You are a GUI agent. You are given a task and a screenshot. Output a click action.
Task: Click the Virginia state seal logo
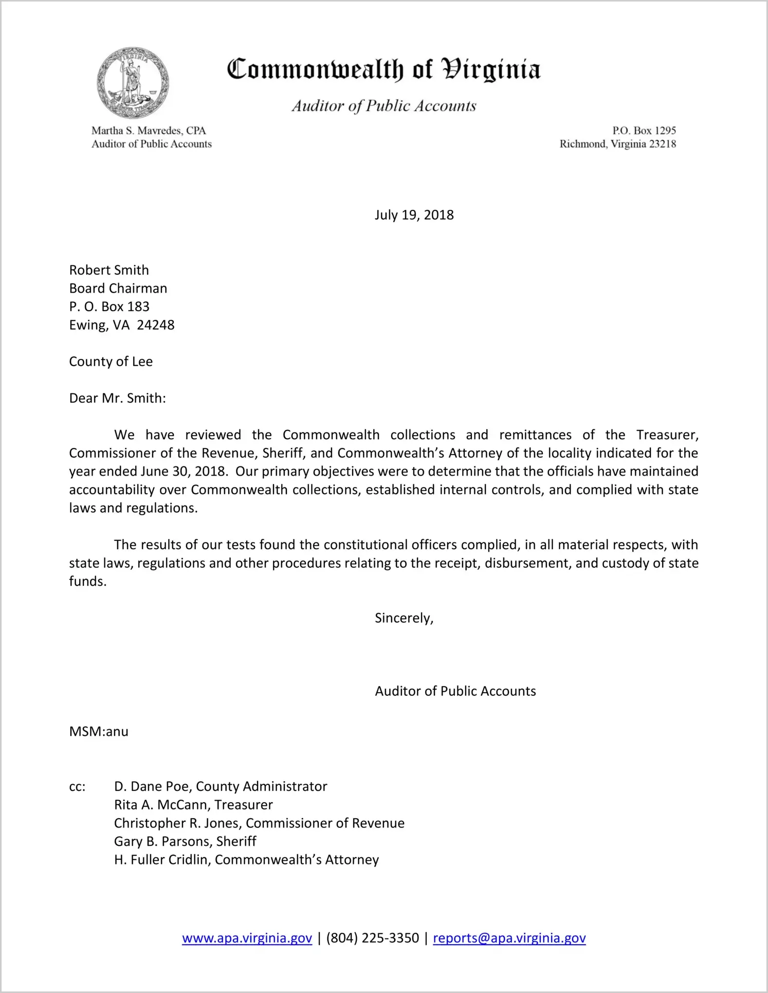click(133, 83)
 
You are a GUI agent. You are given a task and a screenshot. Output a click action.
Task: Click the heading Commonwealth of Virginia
click(383, 70)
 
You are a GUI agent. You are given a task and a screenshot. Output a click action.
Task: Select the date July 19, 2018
click(414, 215)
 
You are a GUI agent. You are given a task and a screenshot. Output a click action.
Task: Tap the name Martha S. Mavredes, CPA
click(149, 131)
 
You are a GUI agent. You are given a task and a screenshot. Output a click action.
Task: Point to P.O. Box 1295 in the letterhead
click(644, 131)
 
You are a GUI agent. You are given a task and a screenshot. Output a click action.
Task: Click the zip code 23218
click(663, 144)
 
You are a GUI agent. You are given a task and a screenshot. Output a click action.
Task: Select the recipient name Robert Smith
click(109, 270)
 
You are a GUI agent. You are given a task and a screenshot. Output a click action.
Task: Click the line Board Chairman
click(118, 288)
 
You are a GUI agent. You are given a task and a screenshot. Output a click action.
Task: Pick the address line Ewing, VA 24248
click(122, 325)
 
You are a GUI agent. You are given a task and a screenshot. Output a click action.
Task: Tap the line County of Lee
click(111, 362)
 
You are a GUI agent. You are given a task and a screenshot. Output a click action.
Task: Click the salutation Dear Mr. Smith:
click(118, 398)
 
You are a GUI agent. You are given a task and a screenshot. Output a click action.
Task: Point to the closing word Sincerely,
click(404, 618)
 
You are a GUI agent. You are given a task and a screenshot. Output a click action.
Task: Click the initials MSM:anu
click(99, 732)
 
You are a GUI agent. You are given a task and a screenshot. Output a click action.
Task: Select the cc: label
click(77, 787)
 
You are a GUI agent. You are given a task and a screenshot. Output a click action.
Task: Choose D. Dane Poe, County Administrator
click(221, 786)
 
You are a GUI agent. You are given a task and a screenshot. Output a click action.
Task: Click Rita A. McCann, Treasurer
click(193, 805)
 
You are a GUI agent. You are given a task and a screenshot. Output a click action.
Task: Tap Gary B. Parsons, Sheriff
click(185, 841)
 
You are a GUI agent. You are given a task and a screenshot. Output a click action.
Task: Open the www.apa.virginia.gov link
click(247, 938)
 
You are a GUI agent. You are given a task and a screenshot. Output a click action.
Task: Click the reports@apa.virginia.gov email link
click(509, 938)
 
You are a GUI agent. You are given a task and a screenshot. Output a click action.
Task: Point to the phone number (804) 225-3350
click(373, 938)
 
